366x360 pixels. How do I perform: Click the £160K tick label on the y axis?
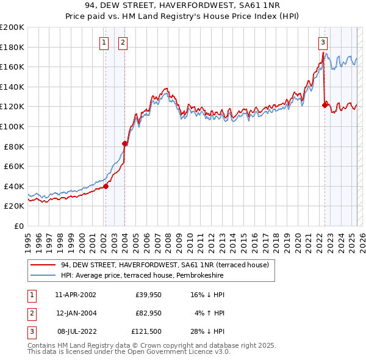point(12,67)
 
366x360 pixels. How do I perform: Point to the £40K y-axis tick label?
point(14,186)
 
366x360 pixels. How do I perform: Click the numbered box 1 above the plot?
point(104,42)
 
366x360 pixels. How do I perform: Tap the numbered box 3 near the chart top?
point(323,42)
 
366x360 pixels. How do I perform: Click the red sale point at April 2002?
point(106,187)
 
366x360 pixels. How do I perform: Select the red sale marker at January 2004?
point(124,143)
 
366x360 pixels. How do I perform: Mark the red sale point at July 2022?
point(325,105)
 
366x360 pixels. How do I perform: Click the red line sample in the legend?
point(43,265)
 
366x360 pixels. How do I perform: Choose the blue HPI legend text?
point(142,276)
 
